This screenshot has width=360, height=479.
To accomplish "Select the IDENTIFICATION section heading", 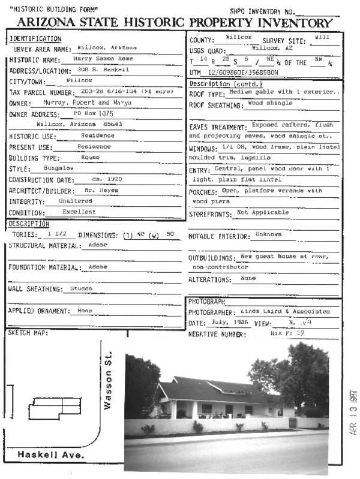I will (x=35, y=39).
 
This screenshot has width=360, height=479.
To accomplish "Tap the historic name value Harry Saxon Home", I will (x=99, y=59).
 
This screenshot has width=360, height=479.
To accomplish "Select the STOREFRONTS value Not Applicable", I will (x=262, y=212).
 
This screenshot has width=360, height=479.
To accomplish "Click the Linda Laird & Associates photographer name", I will (x=285, y=312).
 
